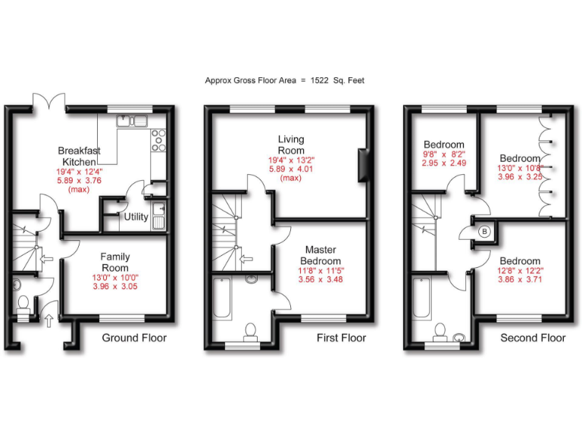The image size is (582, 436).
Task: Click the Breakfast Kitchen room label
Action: click(x=78, y=156)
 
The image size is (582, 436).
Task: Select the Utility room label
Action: click(x=136, y=217)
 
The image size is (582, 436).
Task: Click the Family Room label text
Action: click(x=115, y=263)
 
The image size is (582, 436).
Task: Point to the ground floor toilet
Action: click(x=23, y=304)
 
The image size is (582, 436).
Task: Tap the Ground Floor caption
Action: click(x=134, y=338)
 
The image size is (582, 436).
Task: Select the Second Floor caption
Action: click(x=533, y=338)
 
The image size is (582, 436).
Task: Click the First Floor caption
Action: click(x=341, y=338)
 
